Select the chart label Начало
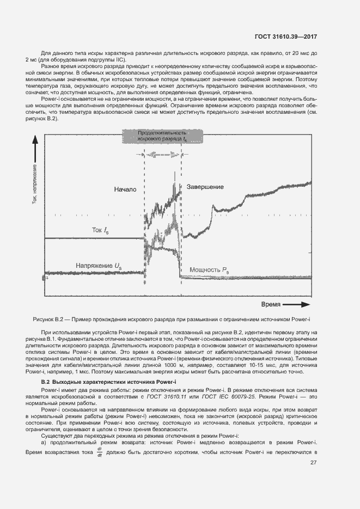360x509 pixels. tap(125, 190)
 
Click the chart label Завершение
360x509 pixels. tap(205, 187)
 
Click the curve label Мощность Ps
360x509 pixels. tap(209, 270)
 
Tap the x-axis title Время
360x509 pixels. tap(271, 304)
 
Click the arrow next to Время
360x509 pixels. tap(297, 304)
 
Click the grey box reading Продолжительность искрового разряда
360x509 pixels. tap(162, 137)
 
